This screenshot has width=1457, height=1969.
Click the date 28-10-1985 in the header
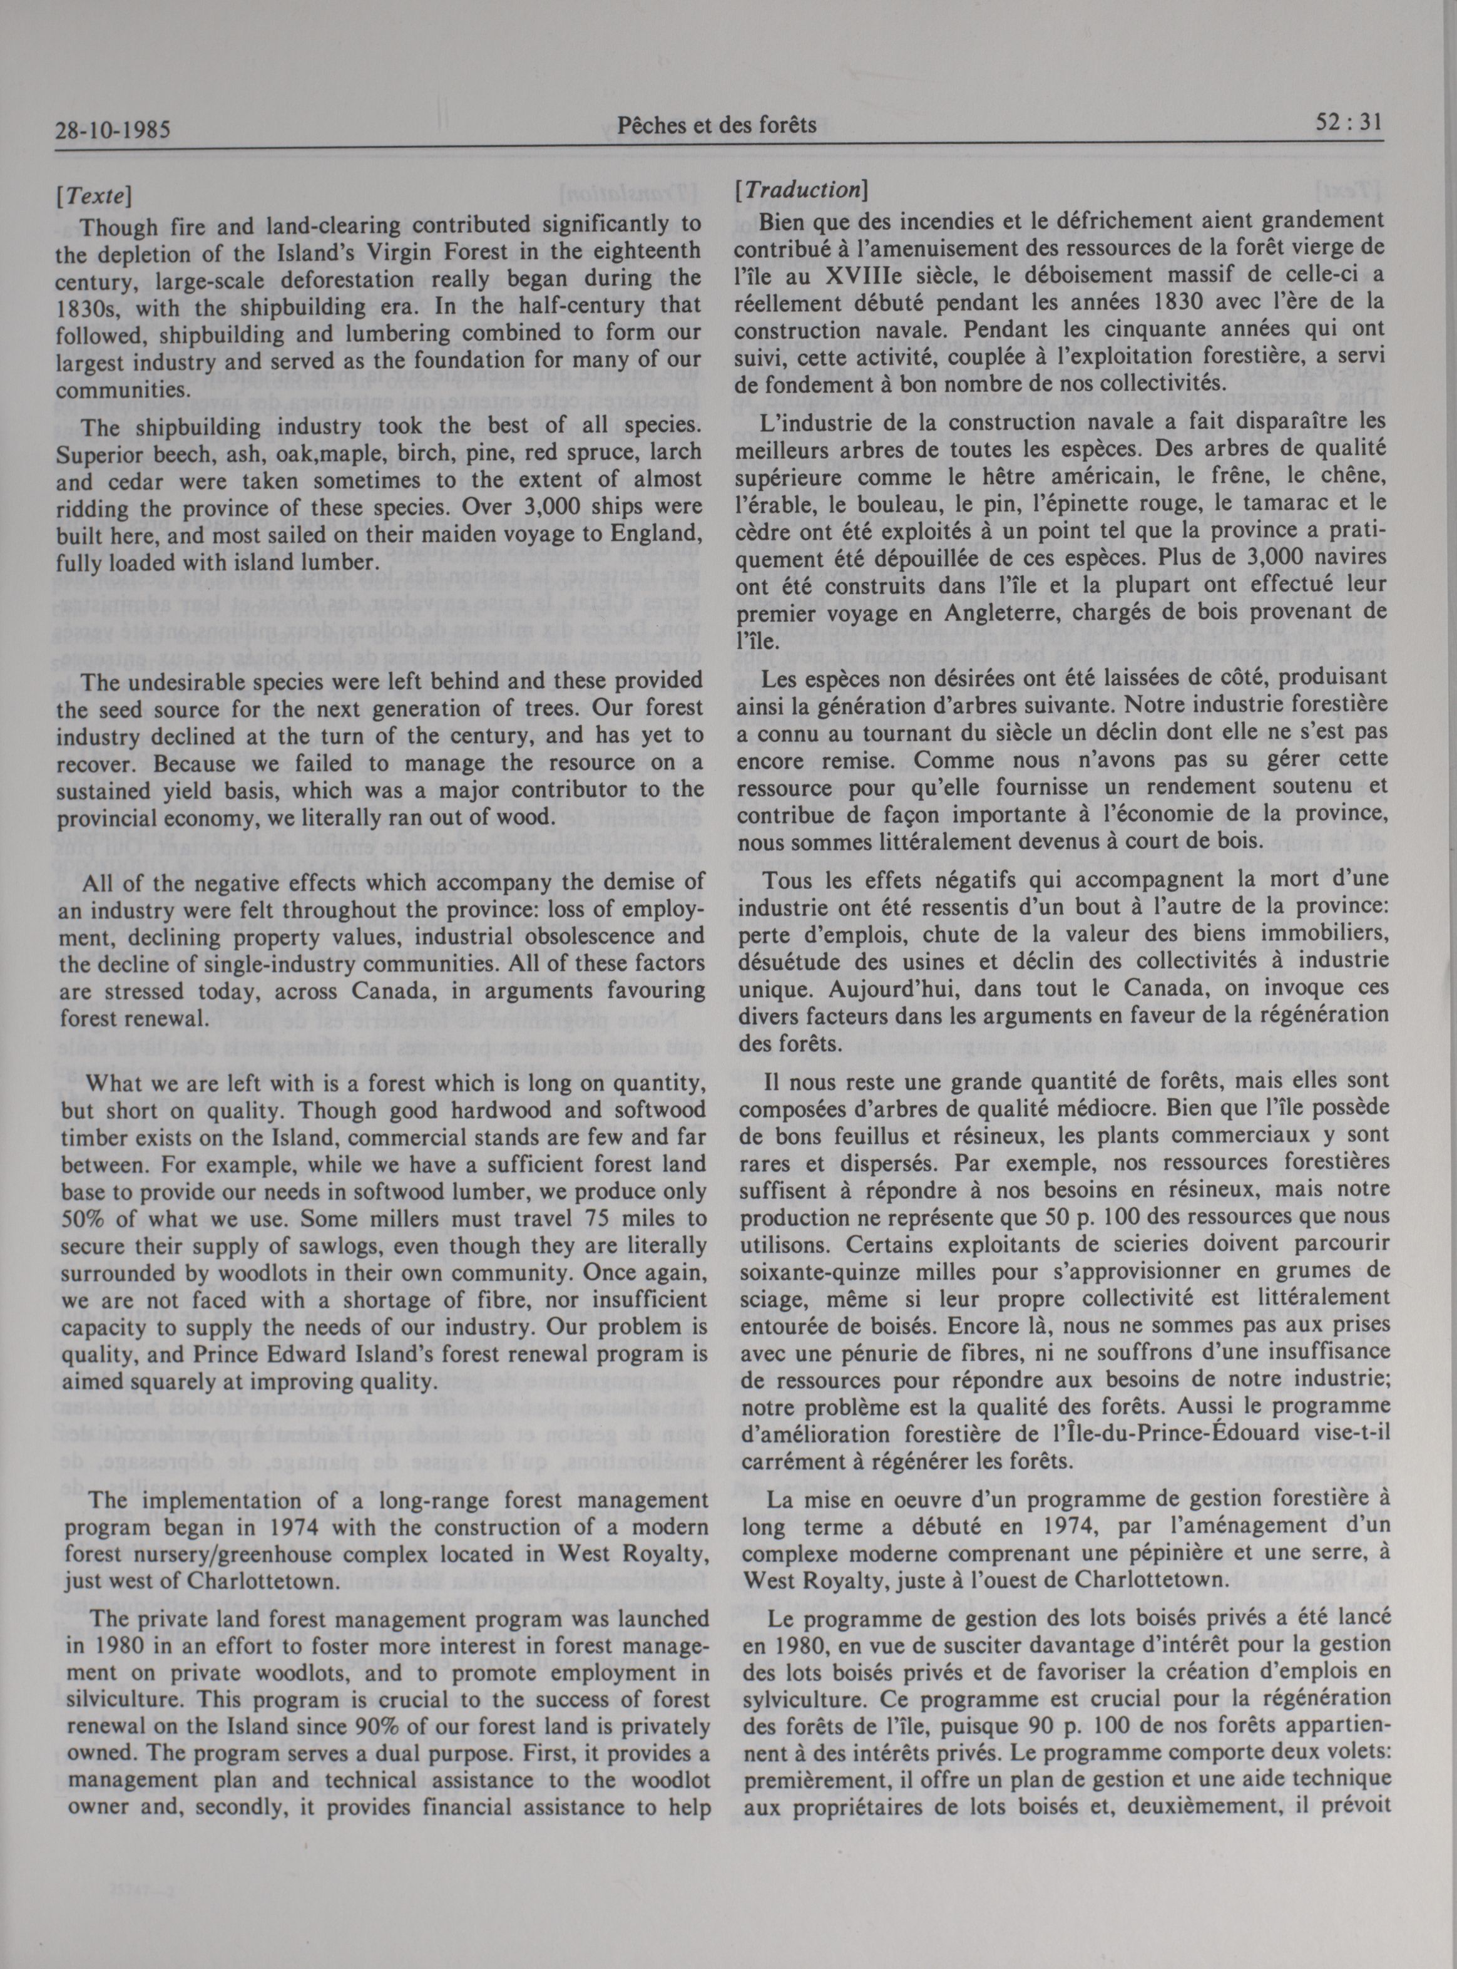pyautogui.click(x=111, y=131)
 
